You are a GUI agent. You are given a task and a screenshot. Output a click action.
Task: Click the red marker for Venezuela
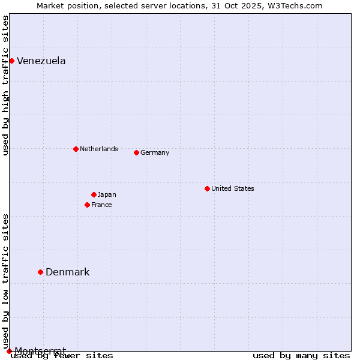point(11,61)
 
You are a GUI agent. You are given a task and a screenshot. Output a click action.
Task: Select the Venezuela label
point(41,61)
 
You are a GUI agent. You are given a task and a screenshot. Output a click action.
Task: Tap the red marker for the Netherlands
point(76,149)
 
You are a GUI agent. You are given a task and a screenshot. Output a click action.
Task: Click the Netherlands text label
point(98,149)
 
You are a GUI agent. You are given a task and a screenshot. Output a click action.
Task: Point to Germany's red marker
point(136,152)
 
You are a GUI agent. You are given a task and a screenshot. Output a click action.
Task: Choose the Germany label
point(155,152)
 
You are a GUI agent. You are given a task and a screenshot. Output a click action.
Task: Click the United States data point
point(207,188)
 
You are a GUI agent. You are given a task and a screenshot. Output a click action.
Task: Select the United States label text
point(232,188)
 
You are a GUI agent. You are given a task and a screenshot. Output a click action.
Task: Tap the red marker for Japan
point(94,194)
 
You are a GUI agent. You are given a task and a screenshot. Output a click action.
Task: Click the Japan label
point(107,194)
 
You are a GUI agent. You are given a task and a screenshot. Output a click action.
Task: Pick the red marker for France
point(87,205)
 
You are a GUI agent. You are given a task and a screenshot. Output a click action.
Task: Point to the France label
point(101,205)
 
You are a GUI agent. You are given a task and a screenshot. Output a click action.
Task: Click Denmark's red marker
point(40,272)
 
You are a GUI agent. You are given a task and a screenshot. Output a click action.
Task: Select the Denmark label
point(67,272)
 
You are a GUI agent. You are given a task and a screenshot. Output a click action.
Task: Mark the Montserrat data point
point(9,351)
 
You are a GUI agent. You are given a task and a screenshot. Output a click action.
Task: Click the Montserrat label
point(40,350)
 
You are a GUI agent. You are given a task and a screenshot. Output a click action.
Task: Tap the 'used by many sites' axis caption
point(301,355)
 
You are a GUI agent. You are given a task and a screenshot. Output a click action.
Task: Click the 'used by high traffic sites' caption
point(5,86)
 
